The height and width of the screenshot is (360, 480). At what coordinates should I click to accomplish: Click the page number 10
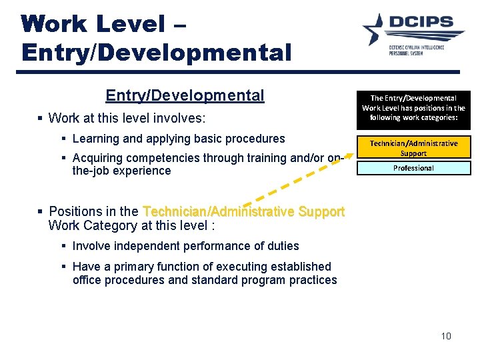[446, 335]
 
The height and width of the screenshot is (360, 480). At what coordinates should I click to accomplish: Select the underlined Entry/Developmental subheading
[185, 95]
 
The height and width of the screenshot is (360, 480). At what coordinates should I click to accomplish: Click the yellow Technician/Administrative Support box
[413, 147]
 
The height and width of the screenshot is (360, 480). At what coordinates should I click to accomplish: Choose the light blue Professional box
[413, 168]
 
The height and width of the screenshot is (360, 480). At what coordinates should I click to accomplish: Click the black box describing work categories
[413, 107]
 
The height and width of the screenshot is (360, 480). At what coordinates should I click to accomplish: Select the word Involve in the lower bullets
[91, 246]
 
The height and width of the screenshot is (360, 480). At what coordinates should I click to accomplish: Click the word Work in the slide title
[54, 24]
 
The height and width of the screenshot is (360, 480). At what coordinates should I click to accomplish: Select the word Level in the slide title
[130, 24]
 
